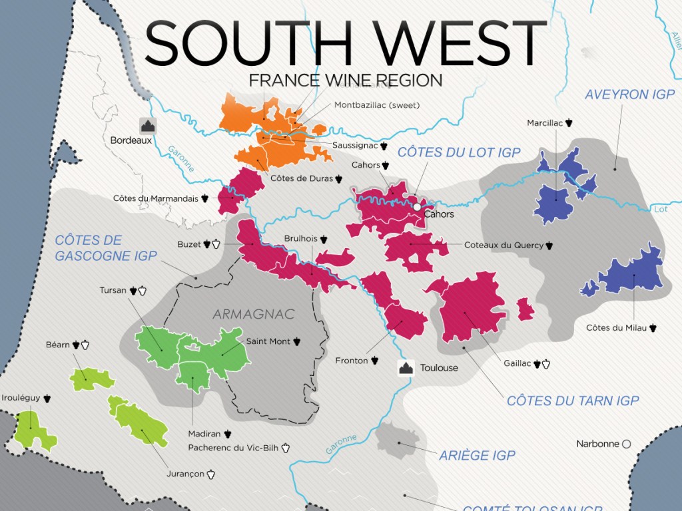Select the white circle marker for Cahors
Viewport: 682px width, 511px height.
pos(417,207)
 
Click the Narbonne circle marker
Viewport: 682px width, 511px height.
pos(625,444)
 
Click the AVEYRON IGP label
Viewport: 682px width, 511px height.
pos(629,94)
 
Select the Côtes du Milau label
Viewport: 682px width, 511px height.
pos(616,327)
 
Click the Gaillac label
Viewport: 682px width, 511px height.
pos(517,363)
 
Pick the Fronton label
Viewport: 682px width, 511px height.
pos(352,361)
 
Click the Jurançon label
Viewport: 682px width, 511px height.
pos(186,474)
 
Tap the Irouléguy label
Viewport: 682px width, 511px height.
pos(21,398)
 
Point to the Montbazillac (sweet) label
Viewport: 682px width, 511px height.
pos(377,105)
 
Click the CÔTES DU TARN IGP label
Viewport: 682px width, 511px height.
pos(573,401)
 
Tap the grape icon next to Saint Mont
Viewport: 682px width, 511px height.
pos(297,341)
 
